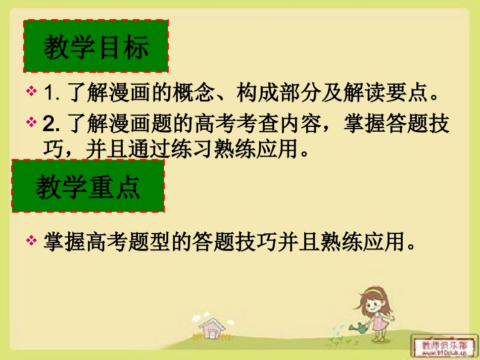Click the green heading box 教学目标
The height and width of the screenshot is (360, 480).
click(96, 47)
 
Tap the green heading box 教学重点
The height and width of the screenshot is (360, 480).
click(88, 186)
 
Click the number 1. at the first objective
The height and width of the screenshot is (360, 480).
click(53, 93)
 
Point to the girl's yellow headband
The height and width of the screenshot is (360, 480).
click(373, 291)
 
